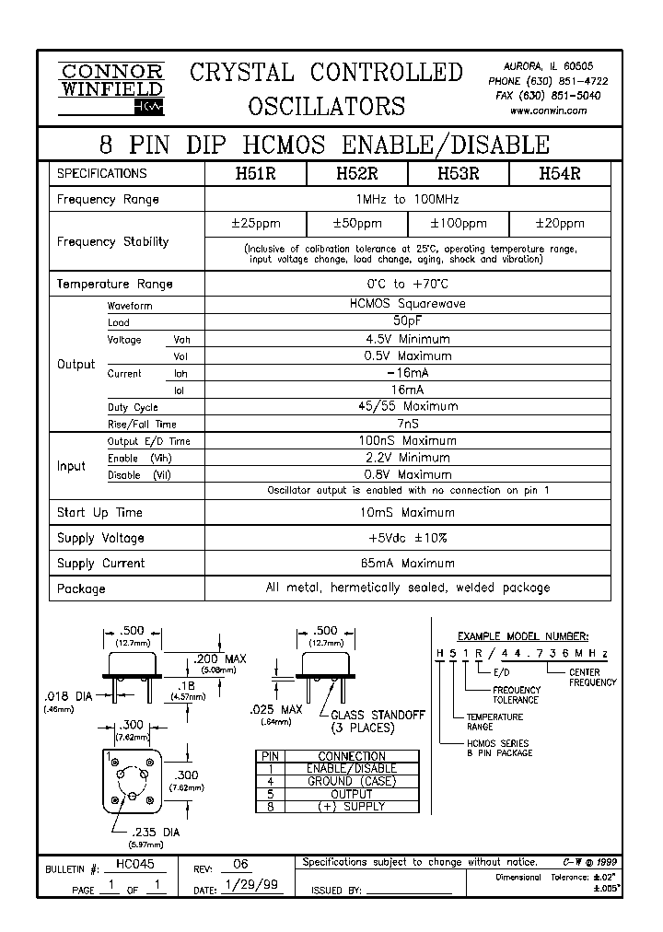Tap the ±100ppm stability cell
click(459, 224)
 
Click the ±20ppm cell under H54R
click(559, 224)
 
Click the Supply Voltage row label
click(100, 538)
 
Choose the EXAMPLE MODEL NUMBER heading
click(523, 636)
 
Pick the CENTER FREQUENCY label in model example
click(591, 678)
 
